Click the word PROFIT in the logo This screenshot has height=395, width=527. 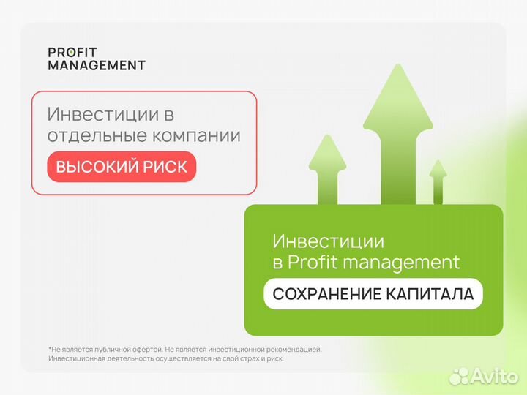[72, 52]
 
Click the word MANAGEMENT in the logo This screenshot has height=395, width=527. [97, 65]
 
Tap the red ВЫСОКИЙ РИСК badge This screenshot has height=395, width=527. [122, 167]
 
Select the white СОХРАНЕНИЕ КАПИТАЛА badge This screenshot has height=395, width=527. [373, 294]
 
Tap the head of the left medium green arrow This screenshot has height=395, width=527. [327, 150]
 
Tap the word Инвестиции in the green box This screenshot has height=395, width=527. [328, 241]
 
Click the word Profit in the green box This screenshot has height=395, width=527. [310, 262]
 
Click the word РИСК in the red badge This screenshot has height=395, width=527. [166, 167]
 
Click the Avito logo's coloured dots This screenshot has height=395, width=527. [459, 376]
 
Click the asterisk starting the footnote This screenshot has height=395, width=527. [50, 349]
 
